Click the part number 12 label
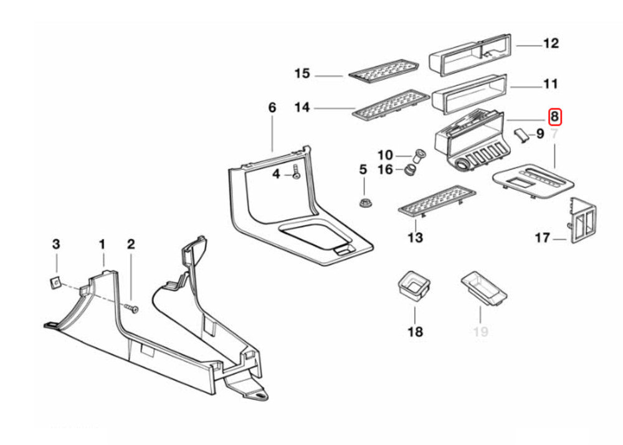coord(551,44)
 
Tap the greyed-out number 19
coord(480,332)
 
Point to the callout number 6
coord(272,108)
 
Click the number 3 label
coord(55,243)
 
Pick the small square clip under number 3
coord(55,283)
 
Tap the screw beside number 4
coord(296,174)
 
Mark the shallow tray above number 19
coord(483,288)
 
